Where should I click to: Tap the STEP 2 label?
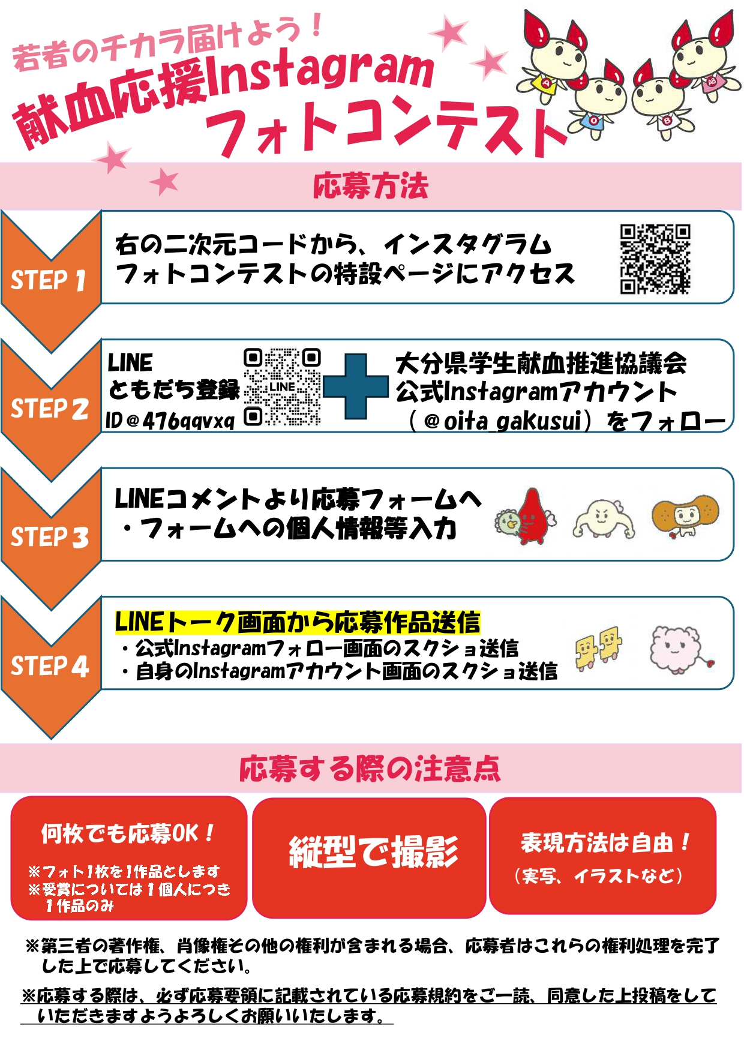[49, 409]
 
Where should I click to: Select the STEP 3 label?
[49, 537]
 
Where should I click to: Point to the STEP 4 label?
[49, 666]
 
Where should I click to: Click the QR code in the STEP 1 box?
[655, 259]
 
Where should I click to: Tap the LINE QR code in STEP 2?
[282, 388]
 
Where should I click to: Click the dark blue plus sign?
[356, 386]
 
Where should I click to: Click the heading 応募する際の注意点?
[370, 769]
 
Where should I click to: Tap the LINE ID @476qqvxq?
[170, 421]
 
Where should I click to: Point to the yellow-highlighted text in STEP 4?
[298, 622]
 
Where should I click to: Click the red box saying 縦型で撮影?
[369, 857]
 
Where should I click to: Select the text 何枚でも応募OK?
[127, 833]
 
